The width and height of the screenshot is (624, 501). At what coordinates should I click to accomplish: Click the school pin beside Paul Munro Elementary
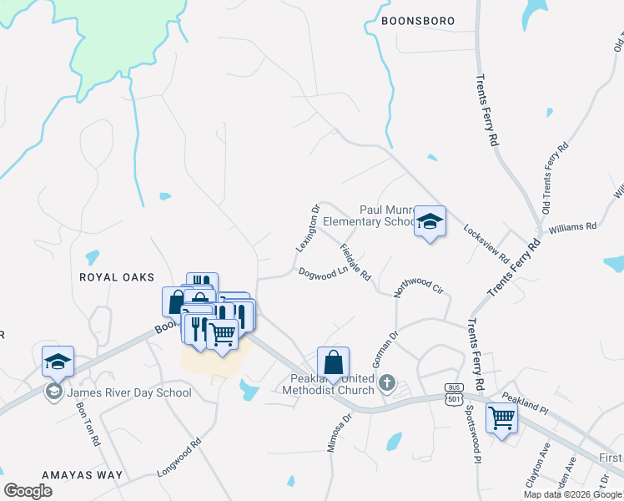tap(430, 222)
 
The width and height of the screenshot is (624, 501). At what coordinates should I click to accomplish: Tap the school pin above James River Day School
tap(58, 362)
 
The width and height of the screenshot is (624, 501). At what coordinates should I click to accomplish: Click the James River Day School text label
tap(128, 392)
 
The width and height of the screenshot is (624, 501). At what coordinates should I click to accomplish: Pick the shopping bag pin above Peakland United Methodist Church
tap(333, 363)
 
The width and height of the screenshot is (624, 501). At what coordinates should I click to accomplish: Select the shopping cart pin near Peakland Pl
tap(501, 417)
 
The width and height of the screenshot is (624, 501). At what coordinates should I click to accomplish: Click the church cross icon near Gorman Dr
tap(386, 383)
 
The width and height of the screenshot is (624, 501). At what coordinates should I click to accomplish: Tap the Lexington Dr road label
tap(308, 229)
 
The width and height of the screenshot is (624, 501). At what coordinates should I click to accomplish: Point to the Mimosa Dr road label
tap(346, 432)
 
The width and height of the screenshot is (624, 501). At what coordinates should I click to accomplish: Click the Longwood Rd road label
tap(179, 460)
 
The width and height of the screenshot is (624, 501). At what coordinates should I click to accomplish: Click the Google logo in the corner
tap(28, 491)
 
